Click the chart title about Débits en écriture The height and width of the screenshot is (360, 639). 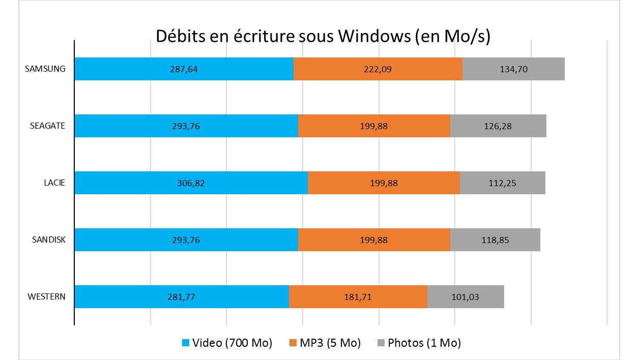(x=323, y=37)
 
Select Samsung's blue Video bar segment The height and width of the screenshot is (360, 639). (x=153, y=69)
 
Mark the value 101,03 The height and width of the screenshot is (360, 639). (x=465, y=297)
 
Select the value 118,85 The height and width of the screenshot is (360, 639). (x=495, y=240)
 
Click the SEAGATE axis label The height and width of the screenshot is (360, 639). (x=47, y=126)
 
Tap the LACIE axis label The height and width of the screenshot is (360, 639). (x=54, y=183)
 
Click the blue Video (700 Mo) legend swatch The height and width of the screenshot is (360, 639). (x=185, y=343)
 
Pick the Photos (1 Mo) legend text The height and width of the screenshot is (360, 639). (x=424, y=343)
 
